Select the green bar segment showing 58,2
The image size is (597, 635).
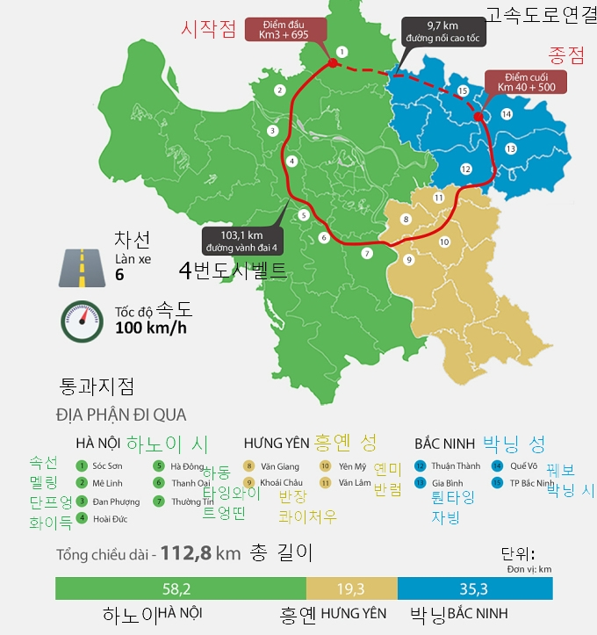coord(180,588)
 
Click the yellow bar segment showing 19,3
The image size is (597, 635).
coord(351,588)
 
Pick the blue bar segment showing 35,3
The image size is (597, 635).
coord(475,588)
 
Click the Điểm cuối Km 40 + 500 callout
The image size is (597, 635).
coord(525,83)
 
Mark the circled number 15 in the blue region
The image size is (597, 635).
coord(462,90)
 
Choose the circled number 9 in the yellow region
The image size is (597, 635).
coord(408,259)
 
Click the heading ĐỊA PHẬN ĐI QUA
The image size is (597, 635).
coord(121,415)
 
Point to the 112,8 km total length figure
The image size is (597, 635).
coord(190,554)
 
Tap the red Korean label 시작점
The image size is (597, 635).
coord(208,29)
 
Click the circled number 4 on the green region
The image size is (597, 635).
coord(291,161)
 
